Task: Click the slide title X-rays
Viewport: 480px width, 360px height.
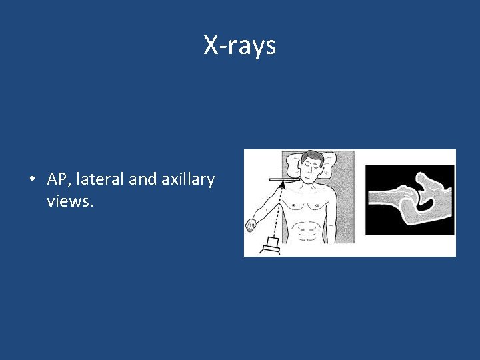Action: tap(239, 46)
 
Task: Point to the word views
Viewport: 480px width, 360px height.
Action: tap(70, 201)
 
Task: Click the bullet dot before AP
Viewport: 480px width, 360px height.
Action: tap(32, 180)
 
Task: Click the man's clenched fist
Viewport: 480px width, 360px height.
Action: tap(251, 225)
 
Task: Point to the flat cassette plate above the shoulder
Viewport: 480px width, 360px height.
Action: tap(284, 179)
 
